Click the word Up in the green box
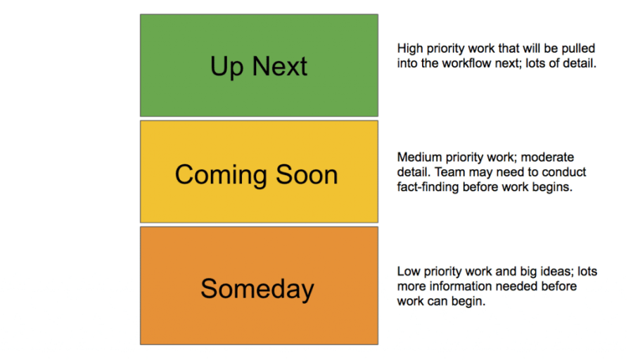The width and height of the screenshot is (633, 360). [x=227, y=67]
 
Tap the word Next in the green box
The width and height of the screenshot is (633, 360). [x=280, y=67]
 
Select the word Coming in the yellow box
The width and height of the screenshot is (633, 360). [x=217, y=175]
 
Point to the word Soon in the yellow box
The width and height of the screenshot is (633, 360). [x=307, y=175]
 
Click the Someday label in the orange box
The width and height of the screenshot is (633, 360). [x=257, y=289]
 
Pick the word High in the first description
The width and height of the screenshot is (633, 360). [x=411, y=49]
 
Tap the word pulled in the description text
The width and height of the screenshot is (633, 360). [x=578, y=49]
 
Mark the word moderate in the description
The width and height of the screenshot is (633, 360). [x=549, y=157]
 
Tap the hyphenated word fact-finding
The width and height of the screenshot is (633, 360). [x=428, y=188]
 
